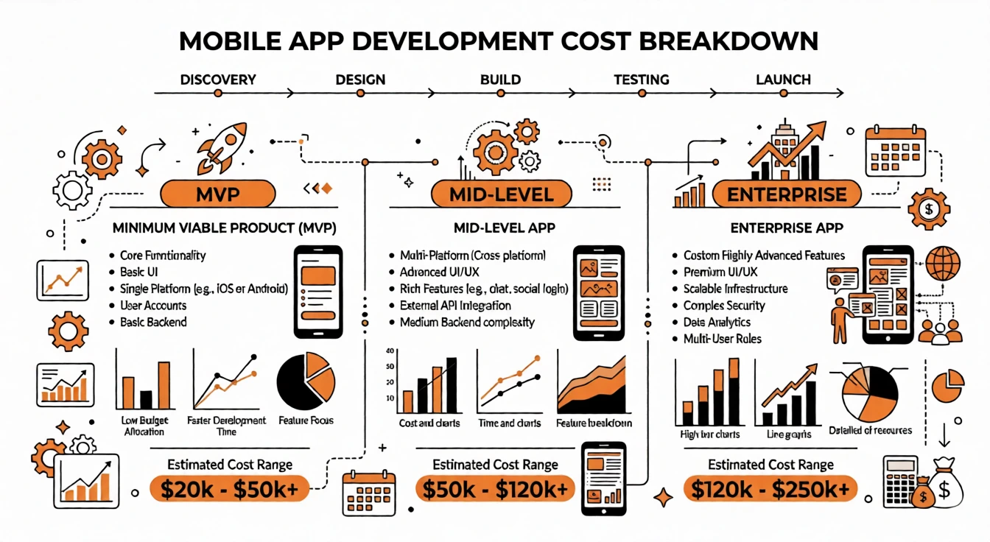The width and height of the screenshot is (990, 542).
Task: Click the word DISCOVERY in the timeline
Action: pos(217,80)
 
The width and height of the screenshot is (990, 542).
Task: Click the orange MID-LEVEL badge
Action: pos(501,194)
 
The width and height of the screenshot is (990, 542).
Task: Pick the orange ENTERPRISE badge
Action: pos(786,194)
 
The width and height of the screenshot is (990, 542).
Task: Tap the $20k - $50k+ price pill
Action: pos(228,488)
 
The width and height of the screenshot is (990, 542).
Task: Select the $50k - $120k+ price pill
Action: pos(495,488)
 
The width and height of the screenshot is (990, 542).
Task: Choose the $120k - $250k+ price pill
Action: pos(770,488)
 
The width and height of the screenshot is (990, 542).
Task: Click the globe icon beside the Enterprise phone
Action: pos(943,264)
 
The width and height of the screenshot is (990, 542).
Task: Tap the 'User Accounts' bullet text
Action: pos(153,306)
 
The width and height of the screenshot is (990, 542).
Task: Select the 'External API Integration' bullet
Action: pos(455,306)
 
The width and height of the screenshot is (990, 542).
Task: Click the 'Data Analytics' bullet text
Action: pos(717,323)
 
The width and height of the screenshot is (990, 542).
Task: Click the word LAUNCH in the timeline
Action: pos(783,80)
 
